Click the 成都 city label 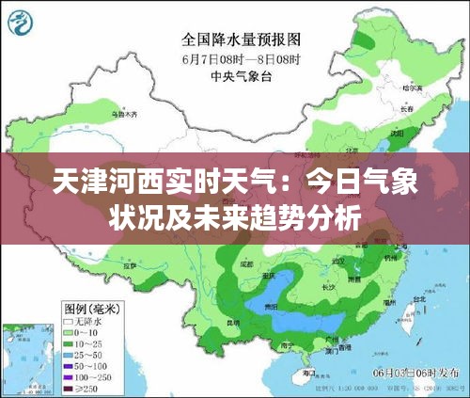tap(246, 266)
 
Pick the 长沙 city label tap(328, 287)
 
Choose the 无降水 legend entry tap(87, 321)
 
